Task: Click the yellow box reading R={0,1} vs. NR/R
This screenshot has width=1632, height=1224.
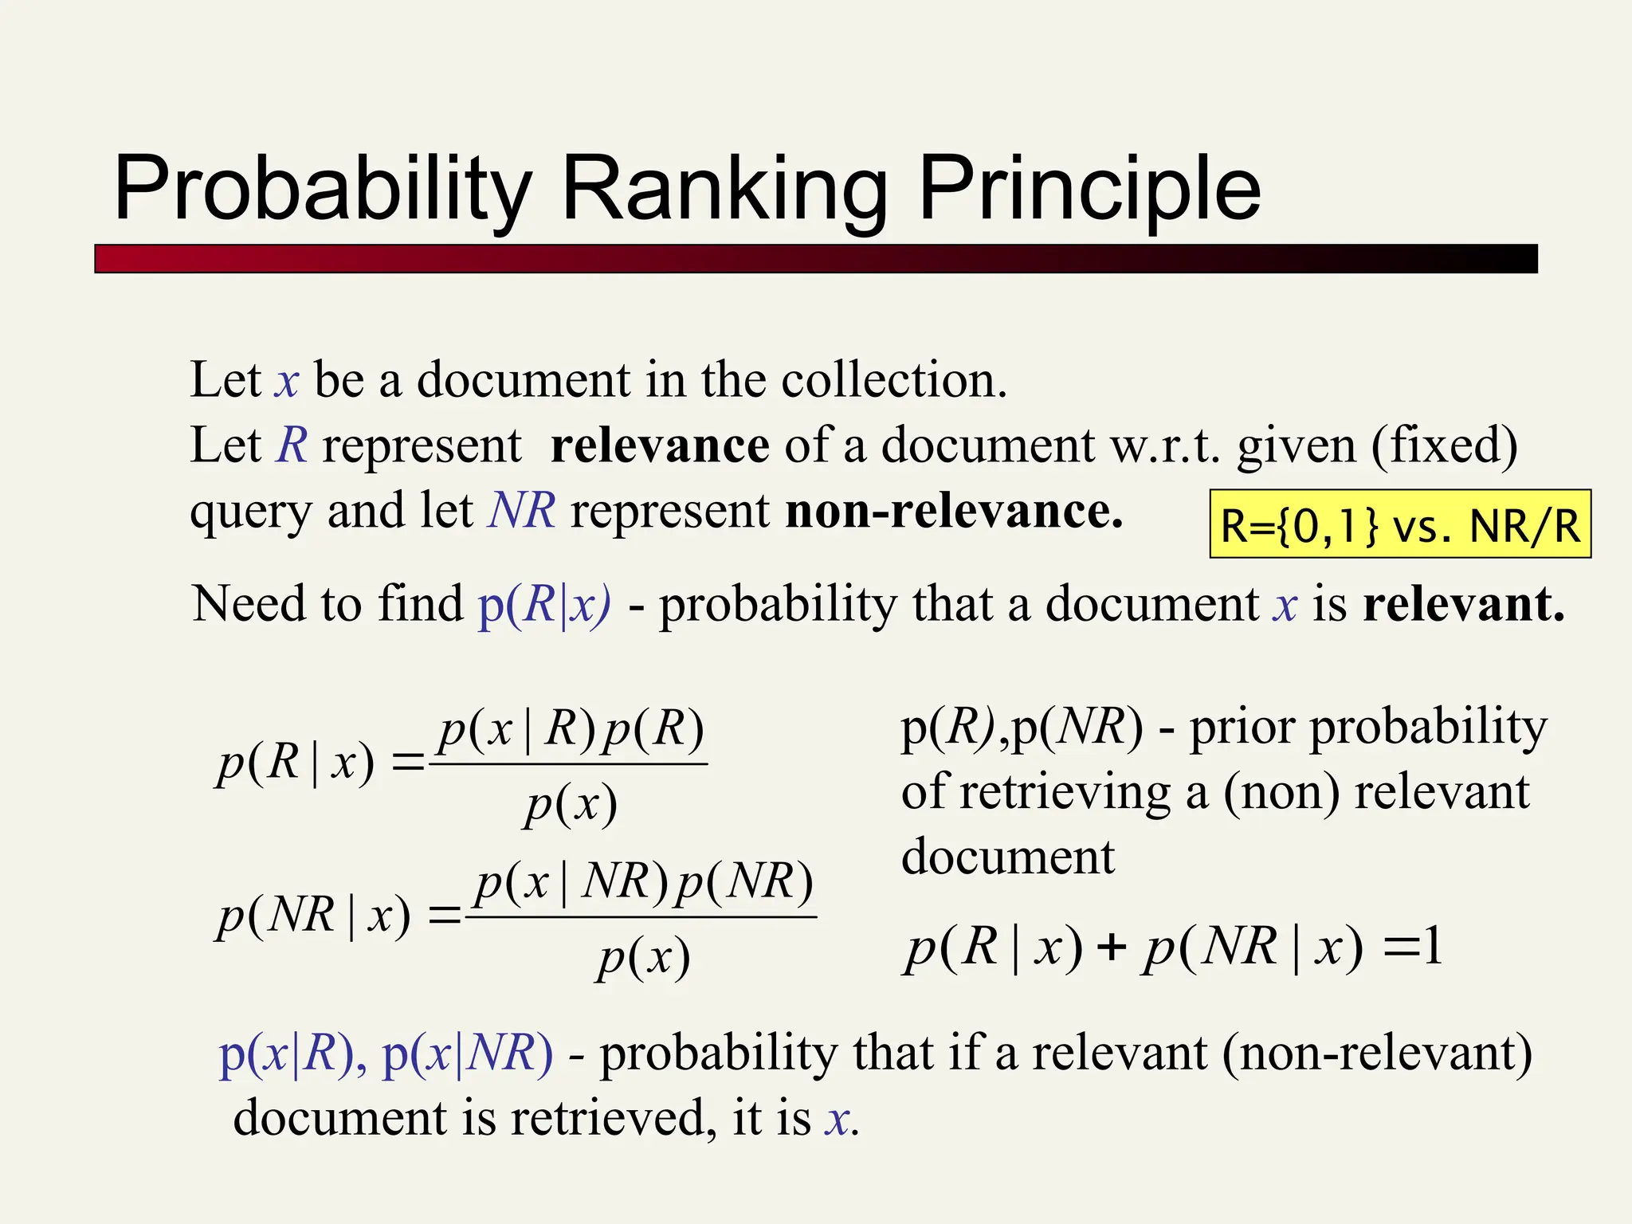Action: click(x=1400, y=524)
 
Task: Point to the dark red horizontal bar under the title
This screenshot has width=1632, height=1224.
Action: click(x=815, y=259)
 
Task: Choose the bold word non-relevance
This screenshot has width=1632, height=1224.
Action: click(x=954, y=511)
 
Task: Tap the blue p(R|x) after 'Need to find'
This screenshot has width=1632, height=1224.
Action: click(x=544, y=603)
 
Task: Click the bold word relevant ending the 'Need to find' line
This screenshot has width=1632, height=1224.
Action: click(x=1463, y=603)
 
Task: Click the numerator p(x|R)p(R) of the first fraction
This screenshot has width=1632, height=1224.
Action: click(x=571, y=728)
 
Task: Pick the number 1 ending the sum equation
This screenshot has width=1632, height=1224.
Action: click(x=1432, y=947)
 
